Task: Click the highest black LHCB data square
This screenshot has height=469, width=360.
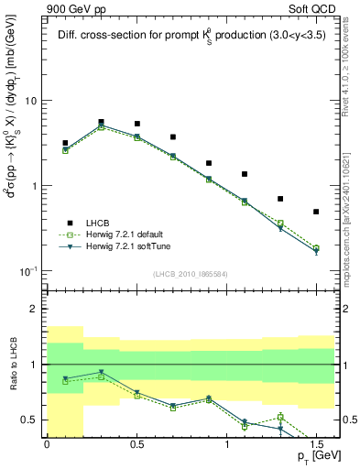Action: pos(101,122)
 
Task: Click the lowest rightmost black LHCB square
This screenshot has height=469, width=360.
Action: pos(316,212)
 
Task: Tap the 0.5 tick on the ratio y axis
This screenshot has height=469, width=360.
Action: pos(32,420)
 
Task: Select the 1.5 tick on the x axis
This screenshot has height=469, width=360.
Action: pos(316,444)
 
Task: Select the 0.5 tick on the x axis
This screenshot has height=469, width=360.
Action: pos(136,444)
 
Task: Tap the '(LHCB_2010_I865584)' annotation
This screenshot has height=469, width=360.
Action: pos(190,273)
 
